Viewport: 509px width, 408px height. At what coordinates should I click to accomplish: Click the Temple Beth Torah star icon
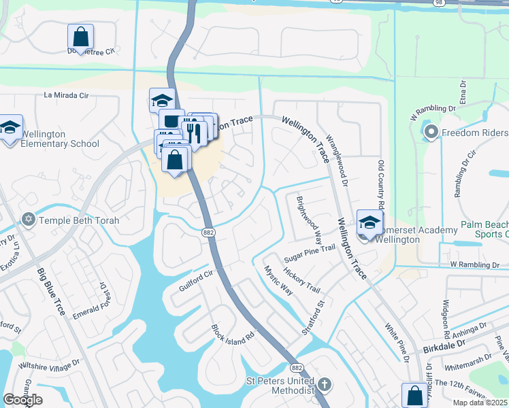point(29,220)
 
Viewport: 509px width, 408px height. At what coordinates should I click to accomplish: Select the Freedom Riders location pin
point(430,132)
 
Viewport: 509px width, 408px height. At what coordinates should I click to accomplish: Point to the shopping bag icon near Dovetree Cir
point(80,37)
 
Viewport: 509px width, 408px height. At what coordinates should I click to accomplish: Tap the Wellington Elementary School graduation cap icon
point(11,128)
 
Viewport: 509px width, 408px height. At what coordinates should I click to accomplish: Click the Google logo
point(22,400)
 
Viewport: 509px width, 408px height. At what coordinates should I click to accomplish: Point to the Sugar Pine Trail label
point(310,254)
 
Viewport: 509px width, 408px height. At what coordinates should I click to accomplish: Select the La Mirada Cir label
point(67,96)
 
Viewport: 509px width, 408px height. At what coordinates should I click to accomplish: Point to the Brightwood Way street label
point(309,220)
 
